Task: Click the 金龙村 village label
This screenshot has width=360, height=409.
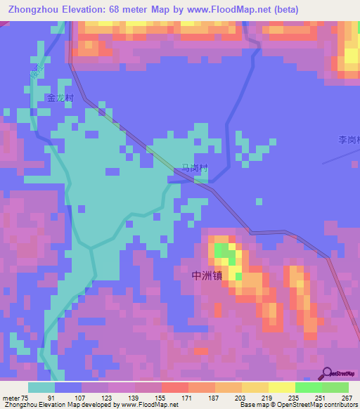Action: (60, 99)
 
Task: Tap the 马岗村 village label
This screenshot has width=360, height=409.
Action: (195, 168)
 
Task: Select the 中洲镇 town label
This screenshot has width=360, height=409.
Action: (207, 275)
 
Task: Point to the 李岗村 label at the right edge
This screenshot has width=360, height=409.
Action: (349, 140)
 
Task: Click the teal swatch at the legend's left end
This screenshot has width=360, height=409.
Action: (41, 387)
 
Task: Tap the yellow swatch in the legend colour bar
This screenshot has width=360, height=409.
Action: (282, 387)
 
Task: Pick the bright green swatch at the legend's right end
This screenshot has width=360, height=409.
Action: (335, 387)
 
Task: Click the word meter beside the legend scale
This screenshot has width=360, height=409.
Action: (11, 397)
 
